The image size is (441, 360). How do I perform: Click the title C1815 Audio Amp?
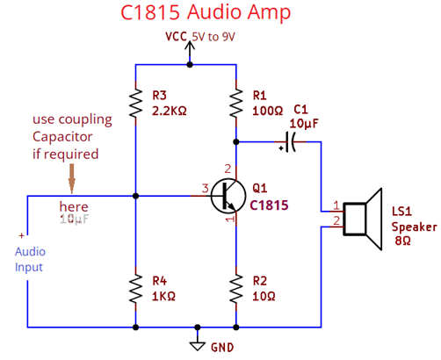(x=204, y=14)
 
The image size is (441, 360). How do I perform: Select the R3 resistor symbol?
(x=135, y=103)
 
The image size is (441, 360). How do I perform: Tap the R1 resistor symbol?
(x=236, y=103)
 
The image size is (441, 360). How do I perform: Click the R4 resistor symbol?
(x=135, y=287)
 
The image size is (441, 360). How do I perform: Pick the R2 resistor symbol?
(x=236, y=287)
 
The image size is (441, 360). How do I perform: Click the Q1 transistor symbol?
(x=228, y=197)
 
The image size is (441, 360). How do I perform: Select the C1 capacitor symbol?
(x=289, y=143)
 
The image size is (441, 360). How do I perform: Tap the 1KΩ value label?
(x=164, y=296)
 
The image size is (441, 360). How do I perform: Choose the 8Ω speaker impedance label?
(x=402, y=240)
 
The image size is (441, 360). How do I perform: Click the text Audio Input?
(x=29, y=259)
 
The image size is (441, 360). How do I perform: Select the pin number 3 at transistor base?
(x=205, y=187)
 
